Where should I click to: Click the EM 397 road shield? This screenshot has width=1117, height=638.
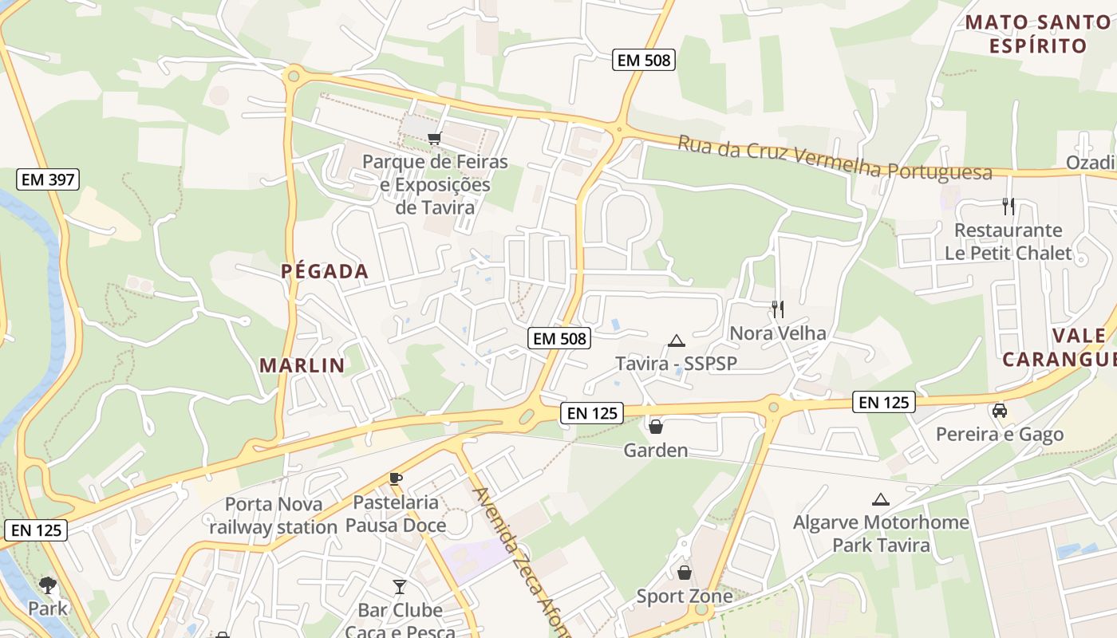click(48, 179)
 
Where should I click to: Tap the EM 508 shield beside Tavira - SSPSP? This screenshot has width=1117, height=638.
click(559, 338)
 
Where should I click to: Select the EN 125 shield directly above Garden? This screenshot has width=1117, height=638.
click(591, 412)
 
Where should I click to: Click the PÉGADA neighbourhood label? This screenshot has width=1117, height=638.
click(325, 272)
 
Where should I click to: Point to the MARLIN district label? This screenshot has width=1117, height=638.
click(302, 366)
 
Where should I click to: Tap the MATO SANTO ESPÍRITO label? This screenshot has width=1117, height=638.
click(1037, 34)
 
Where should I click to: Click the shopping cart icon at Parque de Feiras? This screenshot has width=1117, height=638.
click(434, 139)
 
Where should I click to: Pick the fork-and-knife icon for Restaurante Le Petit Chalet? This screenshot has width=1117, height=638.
click(1008, 207)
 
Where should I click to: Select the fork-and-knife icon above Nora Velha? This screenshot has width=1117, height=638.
click(777, 309)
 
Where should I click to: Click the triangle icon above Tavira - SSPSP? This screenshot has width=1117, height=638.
click(677, 341)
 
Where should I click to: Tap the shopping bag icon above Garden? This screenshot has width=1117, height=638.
click(656, 427)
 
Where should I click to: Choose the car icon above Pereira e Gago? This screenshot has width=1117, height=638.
click(999, 411)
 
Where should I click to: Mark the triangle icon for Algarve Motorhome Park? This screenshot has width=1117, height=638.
click(881, 500)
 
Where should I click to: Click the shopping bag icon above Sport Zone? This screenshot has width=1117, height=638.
click(684, 572)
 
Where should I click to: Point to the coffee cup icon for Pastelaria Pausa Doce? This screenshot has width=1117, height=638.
click(396, 478)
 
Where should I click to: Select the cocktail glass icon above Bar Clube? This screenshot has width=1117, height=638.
click(400, 587)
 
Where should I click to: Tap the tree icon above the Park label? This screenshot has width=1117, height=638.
click(48, 585)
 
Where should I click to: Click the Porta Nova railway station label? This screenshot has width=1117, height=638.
click(274, 515)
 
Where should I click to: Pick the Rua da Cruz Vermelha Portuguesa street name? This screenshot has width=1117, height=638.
click(835, 159)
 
